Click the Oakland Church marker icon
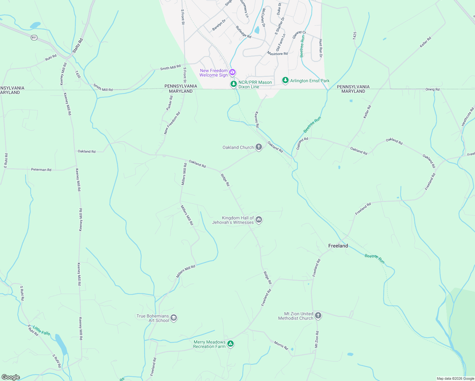(259, 147)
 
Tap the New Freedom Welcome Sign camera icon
(232, 72)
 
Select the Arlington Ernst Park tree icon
(285, 81)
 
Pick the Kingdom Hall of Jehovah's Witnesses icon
(259, 220)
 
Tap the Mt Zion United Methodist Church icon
(318, 316)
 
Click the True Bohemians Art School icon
(174, 318)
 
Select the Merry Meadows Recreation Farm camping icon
(231, 344)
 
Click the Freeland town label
(338, 246)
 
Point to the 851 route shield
(34, 37)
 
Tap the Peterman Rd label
(41, 170)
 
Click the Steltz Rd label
(77, 46)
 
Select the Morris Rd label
(281, 345)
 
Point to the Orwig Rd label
(432, 90)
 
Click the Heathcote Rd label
(468, 117)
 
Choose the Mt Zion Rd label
(317, 339)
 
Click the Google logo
(11, 377)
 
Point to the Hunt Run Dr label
(321, 48)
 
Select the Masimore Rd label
(277, 54)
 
